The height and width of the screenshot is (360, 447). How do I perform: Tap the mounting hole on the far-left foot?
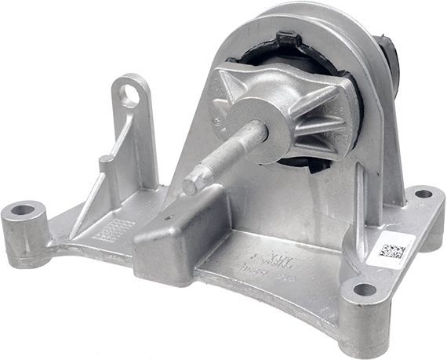23,210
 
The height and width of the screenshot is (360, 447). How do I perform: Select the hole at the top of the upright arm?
130,96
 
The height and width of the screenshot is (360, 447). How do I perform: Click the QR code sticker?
390,252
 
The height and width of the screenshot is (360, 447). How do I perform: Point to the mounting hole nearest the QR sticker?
365,289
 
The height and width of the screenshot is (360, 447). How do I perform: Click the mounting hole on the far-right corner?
423,193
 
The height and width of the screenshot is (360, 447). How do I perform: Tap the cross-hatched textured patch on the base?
114,228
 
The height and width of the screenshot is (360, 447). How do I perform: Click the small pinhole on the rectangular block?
165,217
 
